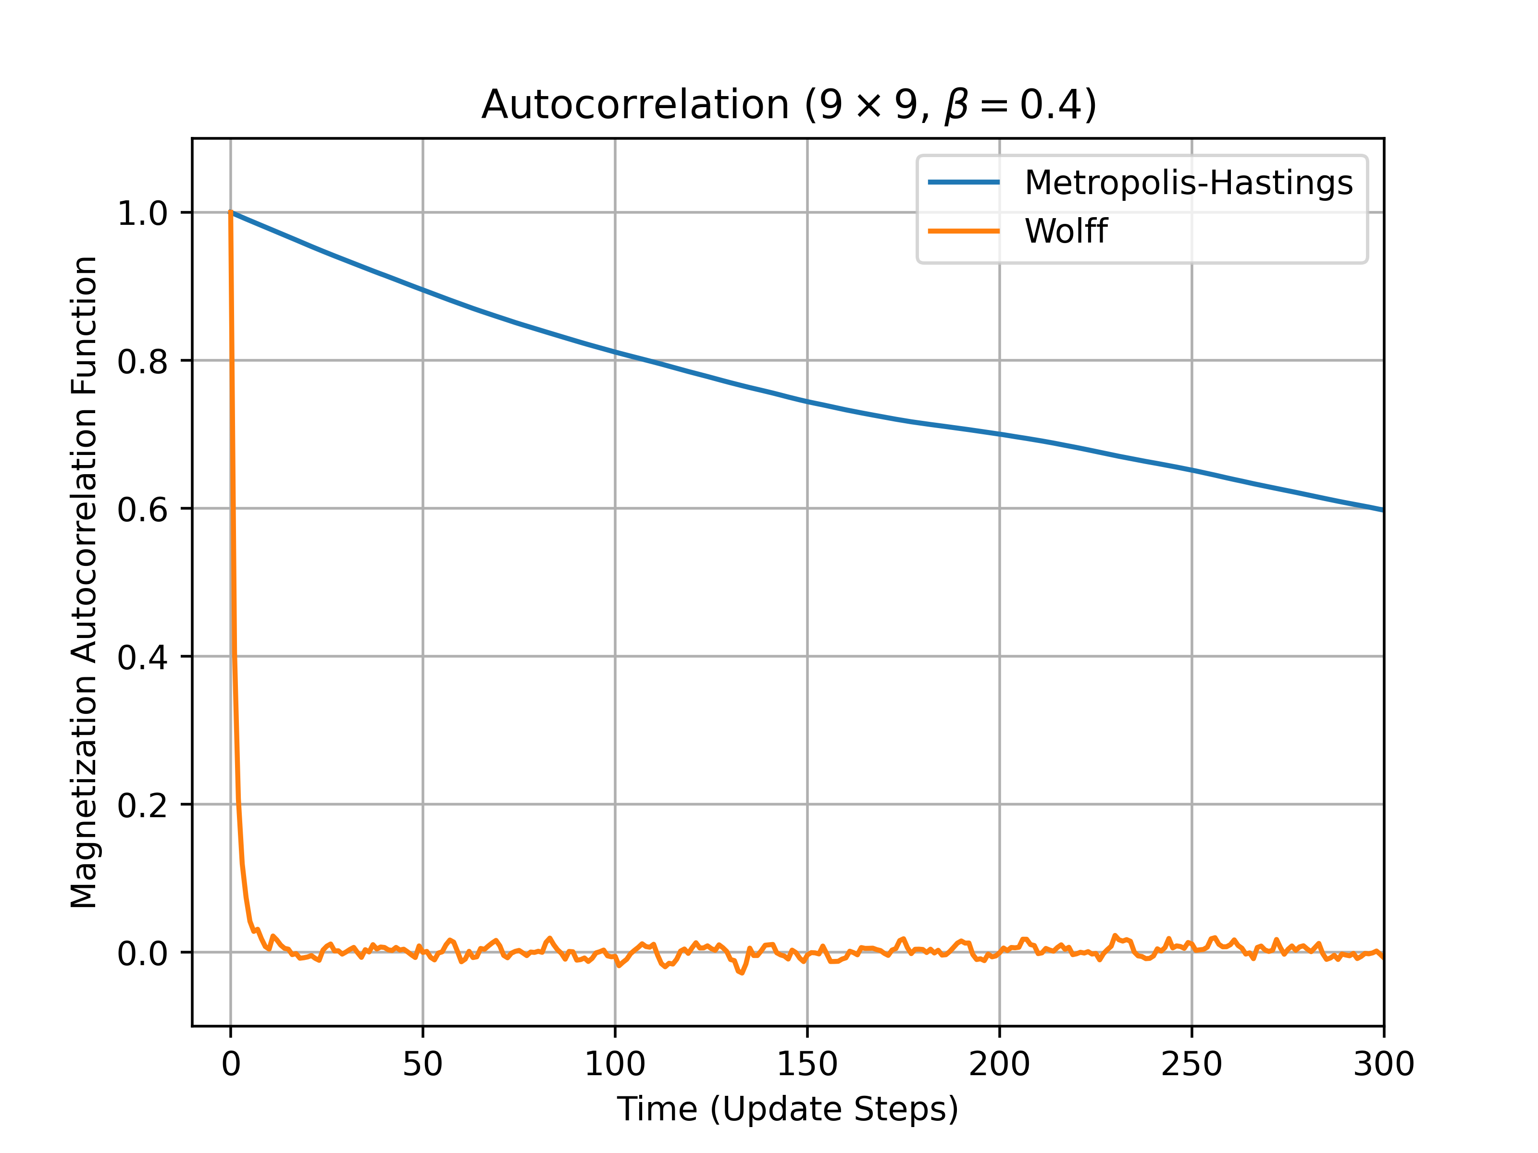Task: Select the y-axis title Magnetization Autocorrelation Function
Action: point(84,582)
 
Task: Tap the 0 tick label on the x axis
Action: point(231,1064)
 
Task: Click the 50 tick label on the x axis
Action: point(423,1064)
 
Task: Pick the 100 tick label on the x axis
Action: point(615,1064)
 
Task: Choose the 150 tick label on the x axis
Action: point(807,1064)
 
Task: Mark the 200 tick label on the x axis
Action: point(999,1064)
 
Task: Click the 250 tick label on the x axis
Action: point(1192,1064)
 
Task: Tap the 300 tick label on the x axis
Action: point(1384,1064)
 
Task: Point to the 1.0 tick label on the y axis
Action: point(143,213)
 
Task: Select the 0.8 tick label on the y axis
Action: point(143,361)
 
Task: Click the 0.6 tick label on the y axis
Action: point(143,509)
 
